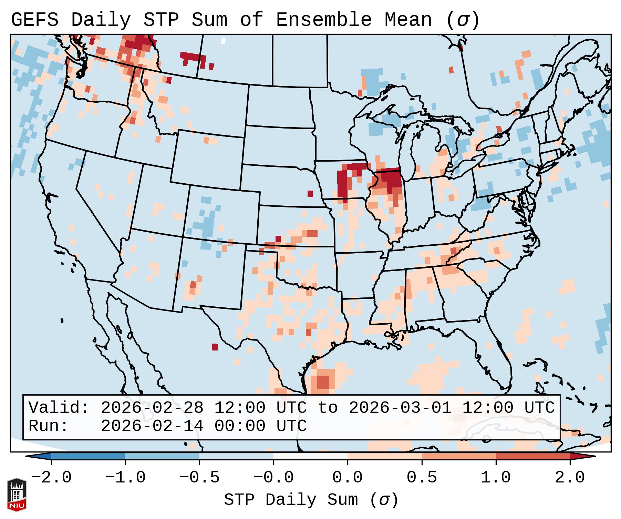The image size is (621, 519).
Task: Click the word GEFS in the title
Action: coord(35,20)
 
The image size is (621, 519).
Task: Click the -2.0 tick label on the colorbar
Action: coord(51,478)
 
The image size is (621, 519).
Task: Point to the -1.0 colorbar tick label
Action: coord(125,478)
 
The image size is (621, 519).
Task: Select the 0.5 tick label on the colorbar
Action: coord(422,478)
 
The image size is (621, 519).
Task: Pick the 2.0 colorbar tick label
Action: coord(570,478)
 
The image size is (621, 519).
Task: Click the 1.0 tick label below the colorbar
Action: coord(496,478)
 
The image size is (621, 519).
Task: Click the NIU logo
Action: coord(17,495)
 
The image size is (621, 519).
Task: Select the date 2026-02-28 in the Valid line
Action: coord(152,408)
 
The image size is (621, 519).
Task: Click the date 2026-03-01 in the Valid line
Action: coord(400,408)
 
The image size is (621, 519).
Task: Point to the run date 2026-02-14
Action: coord(152,426)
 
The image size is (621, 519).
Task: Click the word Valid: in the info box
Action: coord(59,408)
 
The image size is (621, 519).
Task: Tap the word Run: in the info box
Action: coord(49,426)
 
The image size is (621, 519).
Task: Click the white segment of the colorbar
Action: coord(310,456)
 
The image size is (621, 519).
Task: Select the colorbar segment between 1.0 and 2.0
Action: coord(533,456)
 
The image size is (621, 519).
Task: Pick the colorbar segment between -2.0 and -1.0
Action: coord(88,456)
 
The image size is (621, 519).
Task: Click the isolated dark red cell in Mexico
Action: coord(215,347)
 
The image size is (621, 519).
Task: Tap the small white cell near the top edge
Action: coord(223,41)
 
